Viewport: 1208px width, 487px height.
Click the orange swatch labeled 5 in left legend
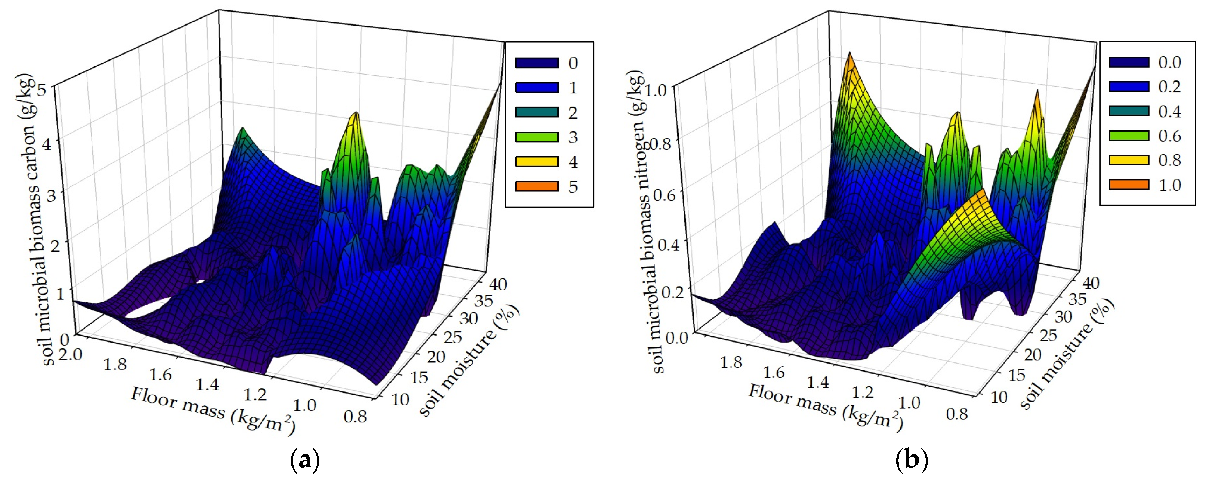536,186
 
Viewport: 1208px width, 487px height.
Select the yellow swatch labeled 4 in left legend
536,162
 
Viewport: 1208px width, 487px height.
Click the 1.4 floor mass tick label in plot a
207,385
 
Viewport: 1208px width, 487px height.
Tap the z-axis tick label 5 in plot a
43,89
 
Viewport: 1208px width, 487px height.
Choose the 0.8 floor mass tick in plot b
957,414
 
